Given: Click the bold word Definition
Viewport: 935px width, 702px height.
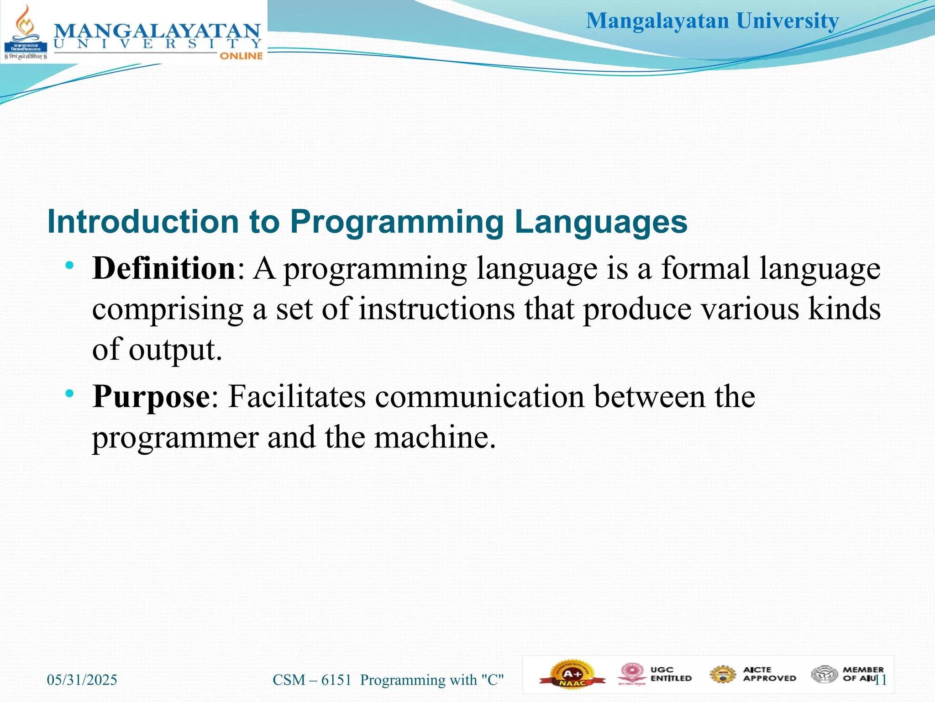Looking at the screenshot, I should pos(163,268).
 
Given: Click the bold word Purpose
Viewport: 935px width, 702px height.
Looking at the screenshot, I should pos(151,397).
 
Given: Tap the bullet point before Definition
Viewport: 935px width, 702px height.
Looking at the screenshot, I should pos(69,266).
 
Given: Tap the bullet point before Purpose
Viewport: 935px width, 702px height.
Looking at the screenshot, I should pos(69,394).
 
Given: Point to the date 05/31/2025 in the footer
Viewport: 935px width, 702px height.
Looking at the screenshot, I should pos(82,680).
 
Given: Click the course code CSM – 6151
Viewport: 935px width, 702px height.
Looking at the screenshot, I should pos(312,680).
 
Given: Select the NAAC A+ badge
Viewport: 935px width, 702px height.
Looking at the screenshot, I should pos(573,675).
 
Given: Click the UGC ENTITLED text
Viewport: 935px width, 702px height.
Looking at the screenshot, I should pos(671,674).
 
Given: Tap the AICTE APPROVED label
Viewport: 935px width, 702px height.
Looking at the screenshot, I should pos(769,674).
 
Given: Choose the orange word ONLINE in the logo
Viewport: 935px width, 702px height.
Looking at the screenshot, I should pos(241,56).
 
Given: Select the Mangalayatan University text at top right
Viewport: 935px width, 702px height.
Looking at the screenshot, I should pos(712,21).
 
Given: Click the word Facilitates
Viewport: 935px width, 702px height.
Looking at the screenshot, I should pos(297,397).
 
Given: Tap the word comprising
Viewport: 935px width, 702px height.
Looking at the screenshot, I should pos(168,310).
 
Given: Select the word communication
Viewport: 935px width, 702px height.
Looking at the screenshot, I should pos(479,397).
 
